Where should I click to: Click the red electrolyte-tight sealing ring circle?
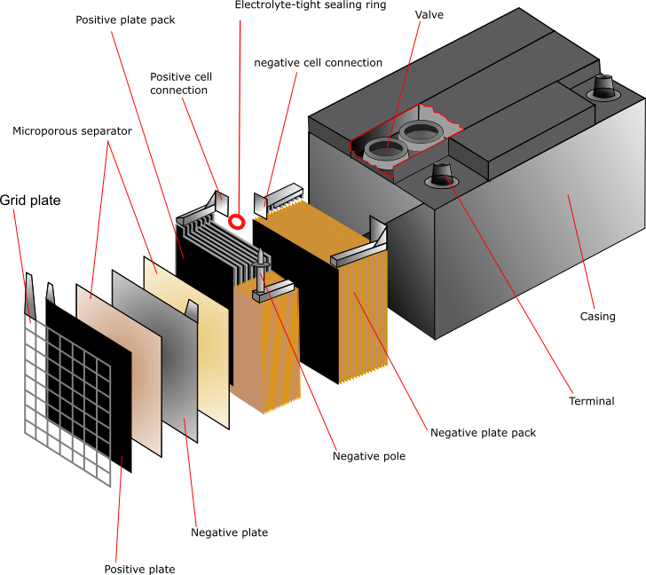coord(237,220)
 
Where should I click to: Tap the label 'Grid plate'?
coord(31,201)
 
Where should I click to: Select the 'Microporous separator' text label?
coord(72,131)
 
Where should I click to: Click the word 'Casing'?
coord(597,316)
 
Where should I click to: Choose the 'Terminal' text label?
coord(591,401)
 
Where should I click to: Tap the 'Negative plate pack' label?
coord(483,433)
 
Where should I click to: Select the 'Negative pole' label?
coord(369,456)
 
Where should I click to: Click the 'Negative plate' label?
coord(229,532)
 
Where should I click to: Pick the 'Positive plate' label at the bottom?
coord(139,569)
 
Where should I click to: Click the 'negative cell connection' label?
coord(318,63)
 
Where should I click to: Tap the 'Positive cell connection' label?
coord(181,83)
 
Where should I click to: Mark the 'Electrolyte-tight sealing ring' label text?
coord(310,5)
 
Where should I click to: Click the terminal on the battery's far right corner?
coord(604,87)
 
